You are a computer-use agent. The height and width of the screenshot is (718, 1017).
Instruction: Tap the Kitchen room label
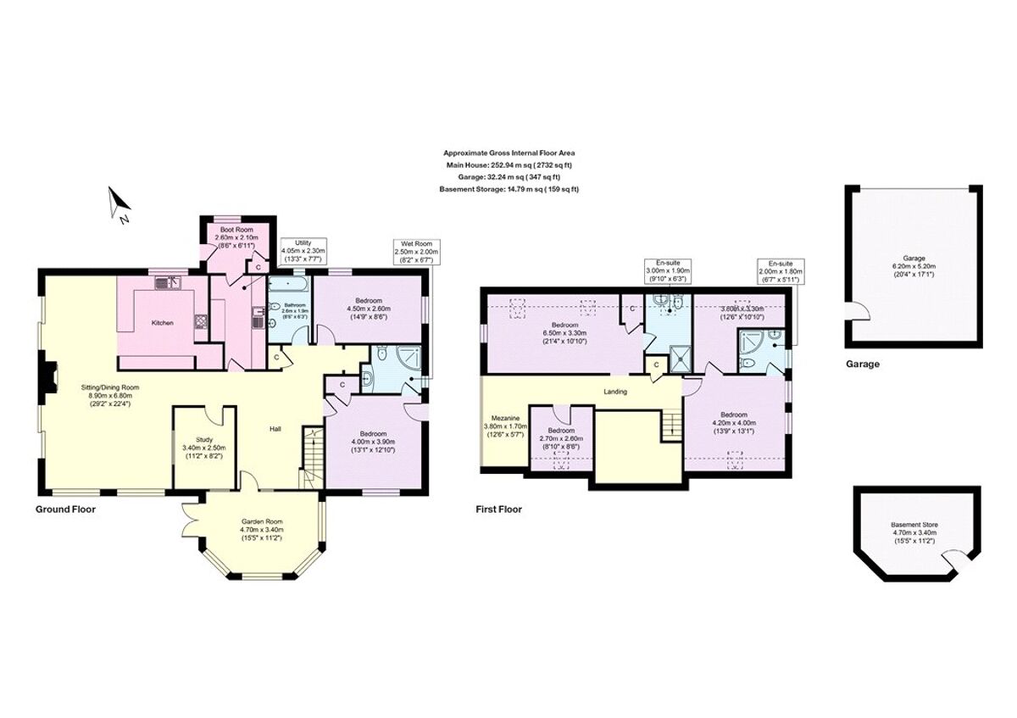(163, 323)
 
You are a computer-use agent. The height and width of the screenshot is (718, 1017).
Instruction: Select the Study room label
(203, 448)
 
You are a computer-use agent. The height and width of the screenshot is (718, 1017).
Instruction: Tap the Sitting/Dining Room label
(109, 396)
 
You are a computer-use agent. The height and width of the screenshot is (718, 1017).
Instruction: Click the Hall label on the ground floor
(275, 429)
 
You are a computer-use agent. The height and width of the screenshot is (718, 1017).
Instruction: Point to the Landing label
(614, 392)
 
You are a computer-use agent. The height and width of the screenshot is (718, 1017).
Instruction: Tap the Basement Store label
(914, 535)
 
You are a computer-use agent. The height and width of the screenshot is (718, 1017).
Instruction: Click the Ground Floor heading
(65, 509)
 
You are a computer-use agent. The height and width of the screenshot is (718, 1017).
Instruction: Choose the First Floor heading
(498, 509)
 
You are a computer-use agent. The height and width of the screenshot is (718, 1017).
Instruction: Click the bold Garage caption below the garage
(862, 364)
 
